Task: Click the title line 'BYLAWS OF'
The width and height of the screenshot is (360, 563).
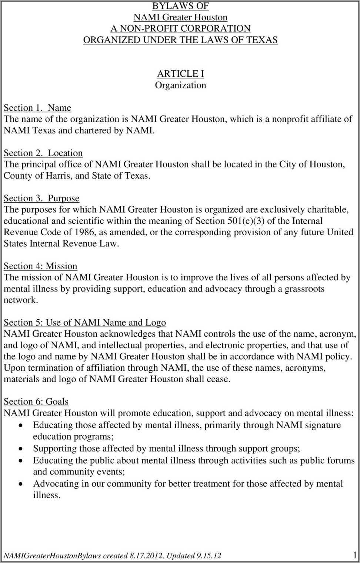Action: click(x=180, y=6)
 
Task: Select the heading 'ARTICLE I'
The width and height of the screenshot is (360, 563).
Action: click(x=180, y=74)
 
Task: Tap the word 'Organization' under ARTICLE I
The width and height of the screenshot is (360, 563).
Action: click(x=180, y=85)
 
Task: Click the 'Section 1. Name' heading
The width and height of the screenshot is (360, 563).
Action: click(x=37, y=108)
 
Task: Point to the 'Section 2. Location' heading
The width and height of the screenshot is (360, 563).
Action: click(x=43, y=153)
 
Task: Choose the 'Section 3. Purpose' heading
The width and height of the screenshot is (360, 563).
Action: click(x=41, y=198)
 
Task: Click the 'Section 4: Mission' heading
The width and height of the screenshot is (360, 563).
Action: click(x=40, y=266)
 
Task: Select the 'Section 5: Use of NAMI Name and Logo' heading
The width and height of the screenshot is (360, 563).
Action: click(x=85, y=323)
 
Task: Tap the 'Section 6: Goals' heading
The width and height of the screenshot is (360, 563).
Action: click(x=36, y=402)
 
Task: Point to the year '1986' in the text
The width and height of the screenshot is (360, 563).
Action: click(x=84, y=232)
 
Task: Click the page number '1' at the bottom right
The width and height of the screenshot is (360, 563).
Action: click(x=355, y=555)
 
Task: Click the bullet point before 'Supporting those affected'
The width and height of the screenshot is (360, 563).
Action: click(x=23, y=449)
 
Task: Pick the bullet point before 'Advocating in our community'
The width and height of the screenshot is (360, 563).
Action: click(x=23, y=484)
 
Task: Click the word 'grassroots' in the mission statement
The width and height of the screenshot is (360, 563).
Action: click(x=304, y=289)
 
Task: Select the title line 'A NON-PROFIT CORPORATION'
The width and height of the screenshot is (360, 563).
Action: click(x=180, y=29)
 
